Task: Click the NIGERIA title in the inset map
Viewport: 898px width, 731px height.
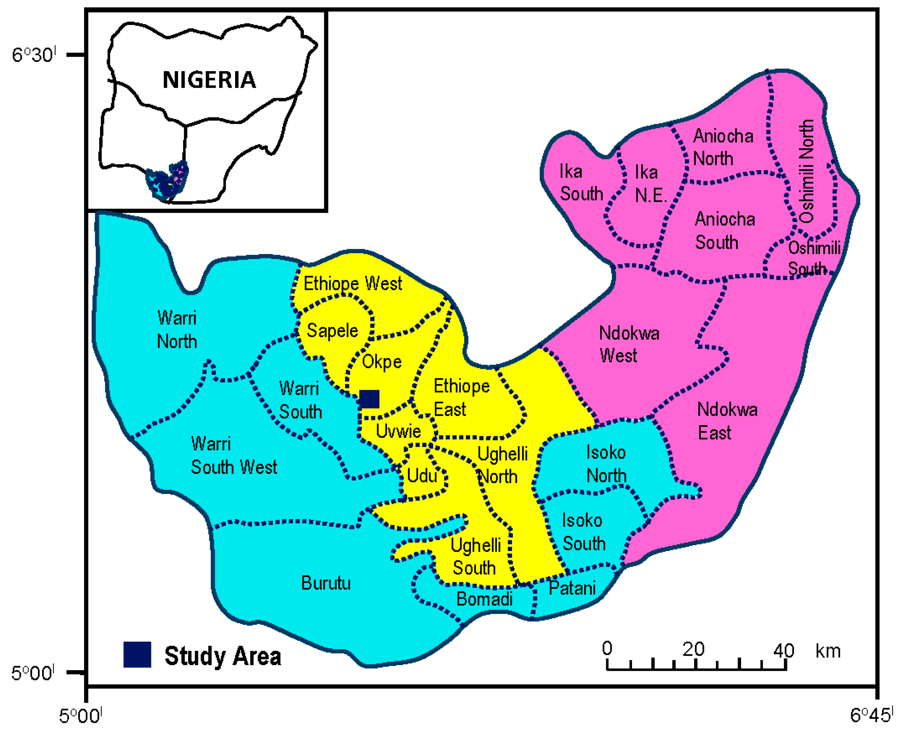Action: pos(209,80)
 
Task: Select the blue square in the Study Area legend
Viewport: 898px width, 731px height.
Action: pos(137,655)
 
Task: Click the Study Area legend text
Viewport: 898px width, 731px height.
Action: pos(222,656)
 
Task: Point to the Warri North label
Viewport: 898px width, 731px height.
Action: pos(177,330)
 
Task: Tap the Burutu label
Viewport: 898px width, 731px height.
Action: pos(326,583)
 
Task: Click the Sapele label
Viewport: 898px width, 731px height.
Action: pos(332,330)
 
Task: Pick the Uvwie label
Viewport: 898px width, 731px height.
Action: pos(398,431)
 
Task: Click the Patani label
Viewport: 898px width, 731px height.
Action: pos(572,588)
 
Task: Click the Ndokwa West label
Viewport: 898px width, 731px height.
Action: pos(629,344)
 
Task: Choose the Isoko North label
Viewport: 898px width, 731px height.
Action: pos(606,464)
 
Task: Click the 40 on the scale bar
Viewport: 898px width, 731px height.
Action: pos(784,650)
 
